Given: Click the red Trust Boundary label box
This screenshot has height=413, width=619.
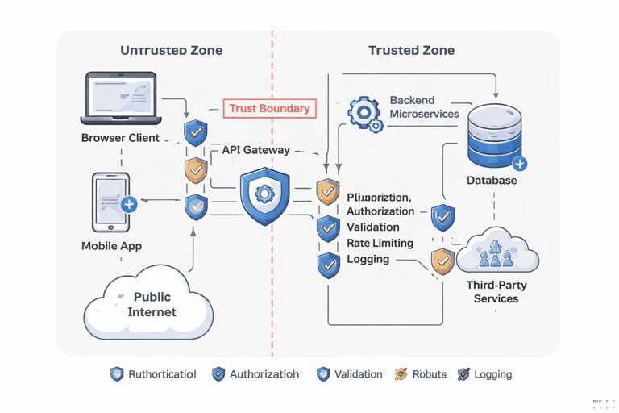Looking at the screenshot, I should click(268, 109).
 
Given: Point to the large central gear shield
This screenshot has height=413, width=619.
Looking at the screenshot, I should click(262, 196).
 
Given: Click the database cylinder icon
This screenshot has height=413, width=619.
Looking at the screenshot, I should click(495, 135).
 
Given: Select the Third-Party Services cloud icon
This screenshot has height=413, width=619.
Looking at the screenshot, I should click(496, 252).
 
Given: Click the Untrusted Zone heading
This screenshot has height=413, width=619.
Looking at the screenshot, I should click(171, 50).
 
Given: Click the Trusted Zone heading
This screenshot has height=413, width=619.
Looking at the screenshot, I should click(411, 50).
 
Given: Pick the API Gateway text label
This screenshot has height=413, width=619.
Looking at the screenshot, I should click(255, 150).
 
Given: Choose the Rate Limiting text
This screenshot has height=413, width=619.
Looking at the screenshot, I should click(380, 243).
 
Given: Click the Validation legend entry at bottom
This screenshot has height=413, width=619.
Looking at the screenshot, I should click(350, 374).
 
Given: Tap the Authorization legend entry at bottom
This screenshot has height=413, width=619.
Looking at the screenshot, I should click(255, 374).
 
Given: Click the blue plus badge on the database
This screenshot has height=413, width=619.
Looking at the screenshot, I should click(520, 164).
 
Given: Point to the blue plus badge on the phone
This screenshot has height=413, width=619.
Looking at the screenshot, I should click(129, 204).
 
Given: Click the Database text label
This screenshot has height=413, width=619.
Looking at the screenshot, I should click(492, 181).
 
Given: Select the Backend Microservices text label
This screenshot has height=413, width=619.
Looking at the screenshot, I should click(424, 107).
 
